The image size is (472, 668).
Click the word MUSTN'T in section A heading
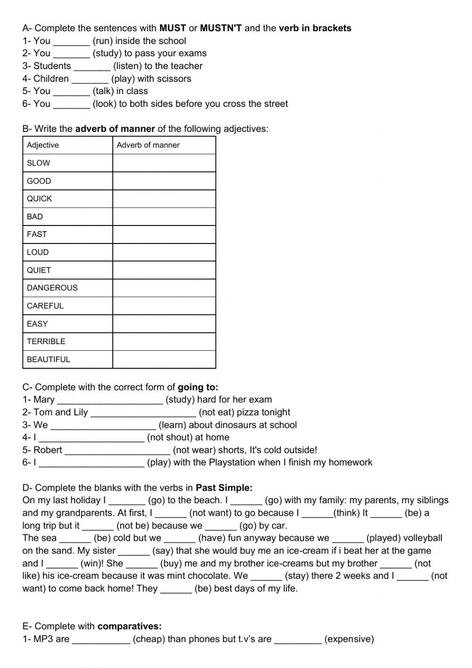[x=221, y=28]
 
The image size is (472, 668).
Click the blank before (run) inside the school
[x=71, y=41]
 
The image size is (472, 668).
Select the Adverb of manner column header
[x=148, y=145]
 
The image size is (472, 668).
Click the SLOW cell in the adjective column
[x=39, y=163]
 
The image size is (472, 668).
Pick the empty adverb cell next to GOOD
[x=164, y=181]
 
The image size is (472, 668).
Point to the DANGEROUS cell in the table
[x=52, y=288]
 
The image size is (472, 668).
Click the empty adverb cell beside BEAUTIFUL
[x=164, y=359]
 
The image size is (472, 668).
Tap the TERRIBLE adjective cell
[x=46, y=341]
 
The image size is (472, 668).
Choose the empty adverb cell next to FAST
[x=164, y=234]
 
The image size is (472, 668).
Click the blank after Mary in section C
[x=110, y=400]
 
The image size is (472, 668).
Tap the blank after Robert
[x=117, y=450]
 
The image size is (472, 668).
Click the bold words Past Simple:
[x=224, y=487]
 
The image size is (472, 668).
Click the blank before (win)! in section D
[x=62, y=564]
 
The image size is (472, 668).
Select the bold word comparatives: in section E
[x=129, y=626]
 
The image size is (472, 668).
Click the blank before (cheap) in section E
[x=101, y=639]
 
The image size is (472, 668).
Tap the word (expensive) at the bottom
[x=349, y=639]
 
